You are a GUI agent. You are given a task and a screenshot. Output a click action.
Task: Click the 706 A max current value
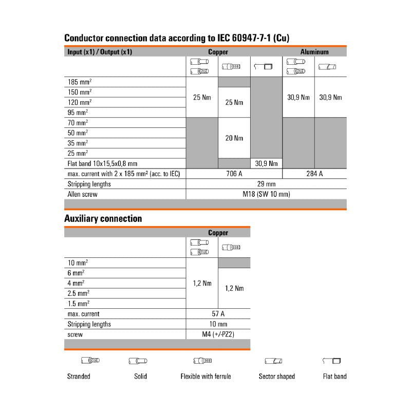(234, 174)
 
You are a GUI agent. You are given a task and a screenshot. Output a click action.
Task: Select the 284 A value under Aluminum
(314, 174)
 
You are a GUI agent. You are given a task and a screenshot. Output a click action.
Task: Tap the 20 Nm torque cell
(234, 138)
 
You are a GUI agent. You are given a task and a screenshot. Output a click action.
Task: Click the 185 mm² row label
(80, 82)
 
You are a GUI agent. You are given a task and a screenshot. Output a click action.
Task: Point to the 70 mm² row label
(78, 123)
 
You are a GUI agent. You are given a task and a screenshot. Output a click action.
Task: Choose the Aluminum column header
(314, 52)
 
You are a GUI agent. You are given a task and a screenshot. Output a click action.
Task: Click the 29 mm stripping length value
(266, 184)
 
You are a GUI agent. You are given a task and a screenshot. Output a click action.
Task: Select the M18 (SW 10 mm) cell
(266, 194)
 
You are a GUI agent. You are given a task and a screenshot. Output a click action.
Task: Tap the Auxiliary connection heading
(103, 218)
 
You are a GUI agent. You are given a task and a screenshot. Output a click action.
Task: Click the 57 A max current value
(218, 314)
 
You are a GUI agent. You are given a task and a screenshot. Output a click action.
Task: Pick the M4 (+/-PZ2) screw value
(218, 334)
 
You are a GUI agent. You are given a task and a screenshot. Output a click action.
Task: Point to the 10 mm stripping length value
(218, 324)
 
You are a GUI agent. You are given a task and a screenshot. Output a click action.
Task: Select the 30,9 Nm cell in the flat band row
(266, 164)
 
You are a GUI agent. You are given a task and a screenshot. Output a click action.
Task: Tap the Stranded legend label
(79, 376)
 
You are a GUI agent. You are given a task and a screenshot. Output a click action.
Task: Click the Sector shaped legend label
(277, 376)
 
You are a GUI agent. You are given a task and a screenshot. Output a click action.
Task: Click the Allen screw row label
(82, 194)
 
